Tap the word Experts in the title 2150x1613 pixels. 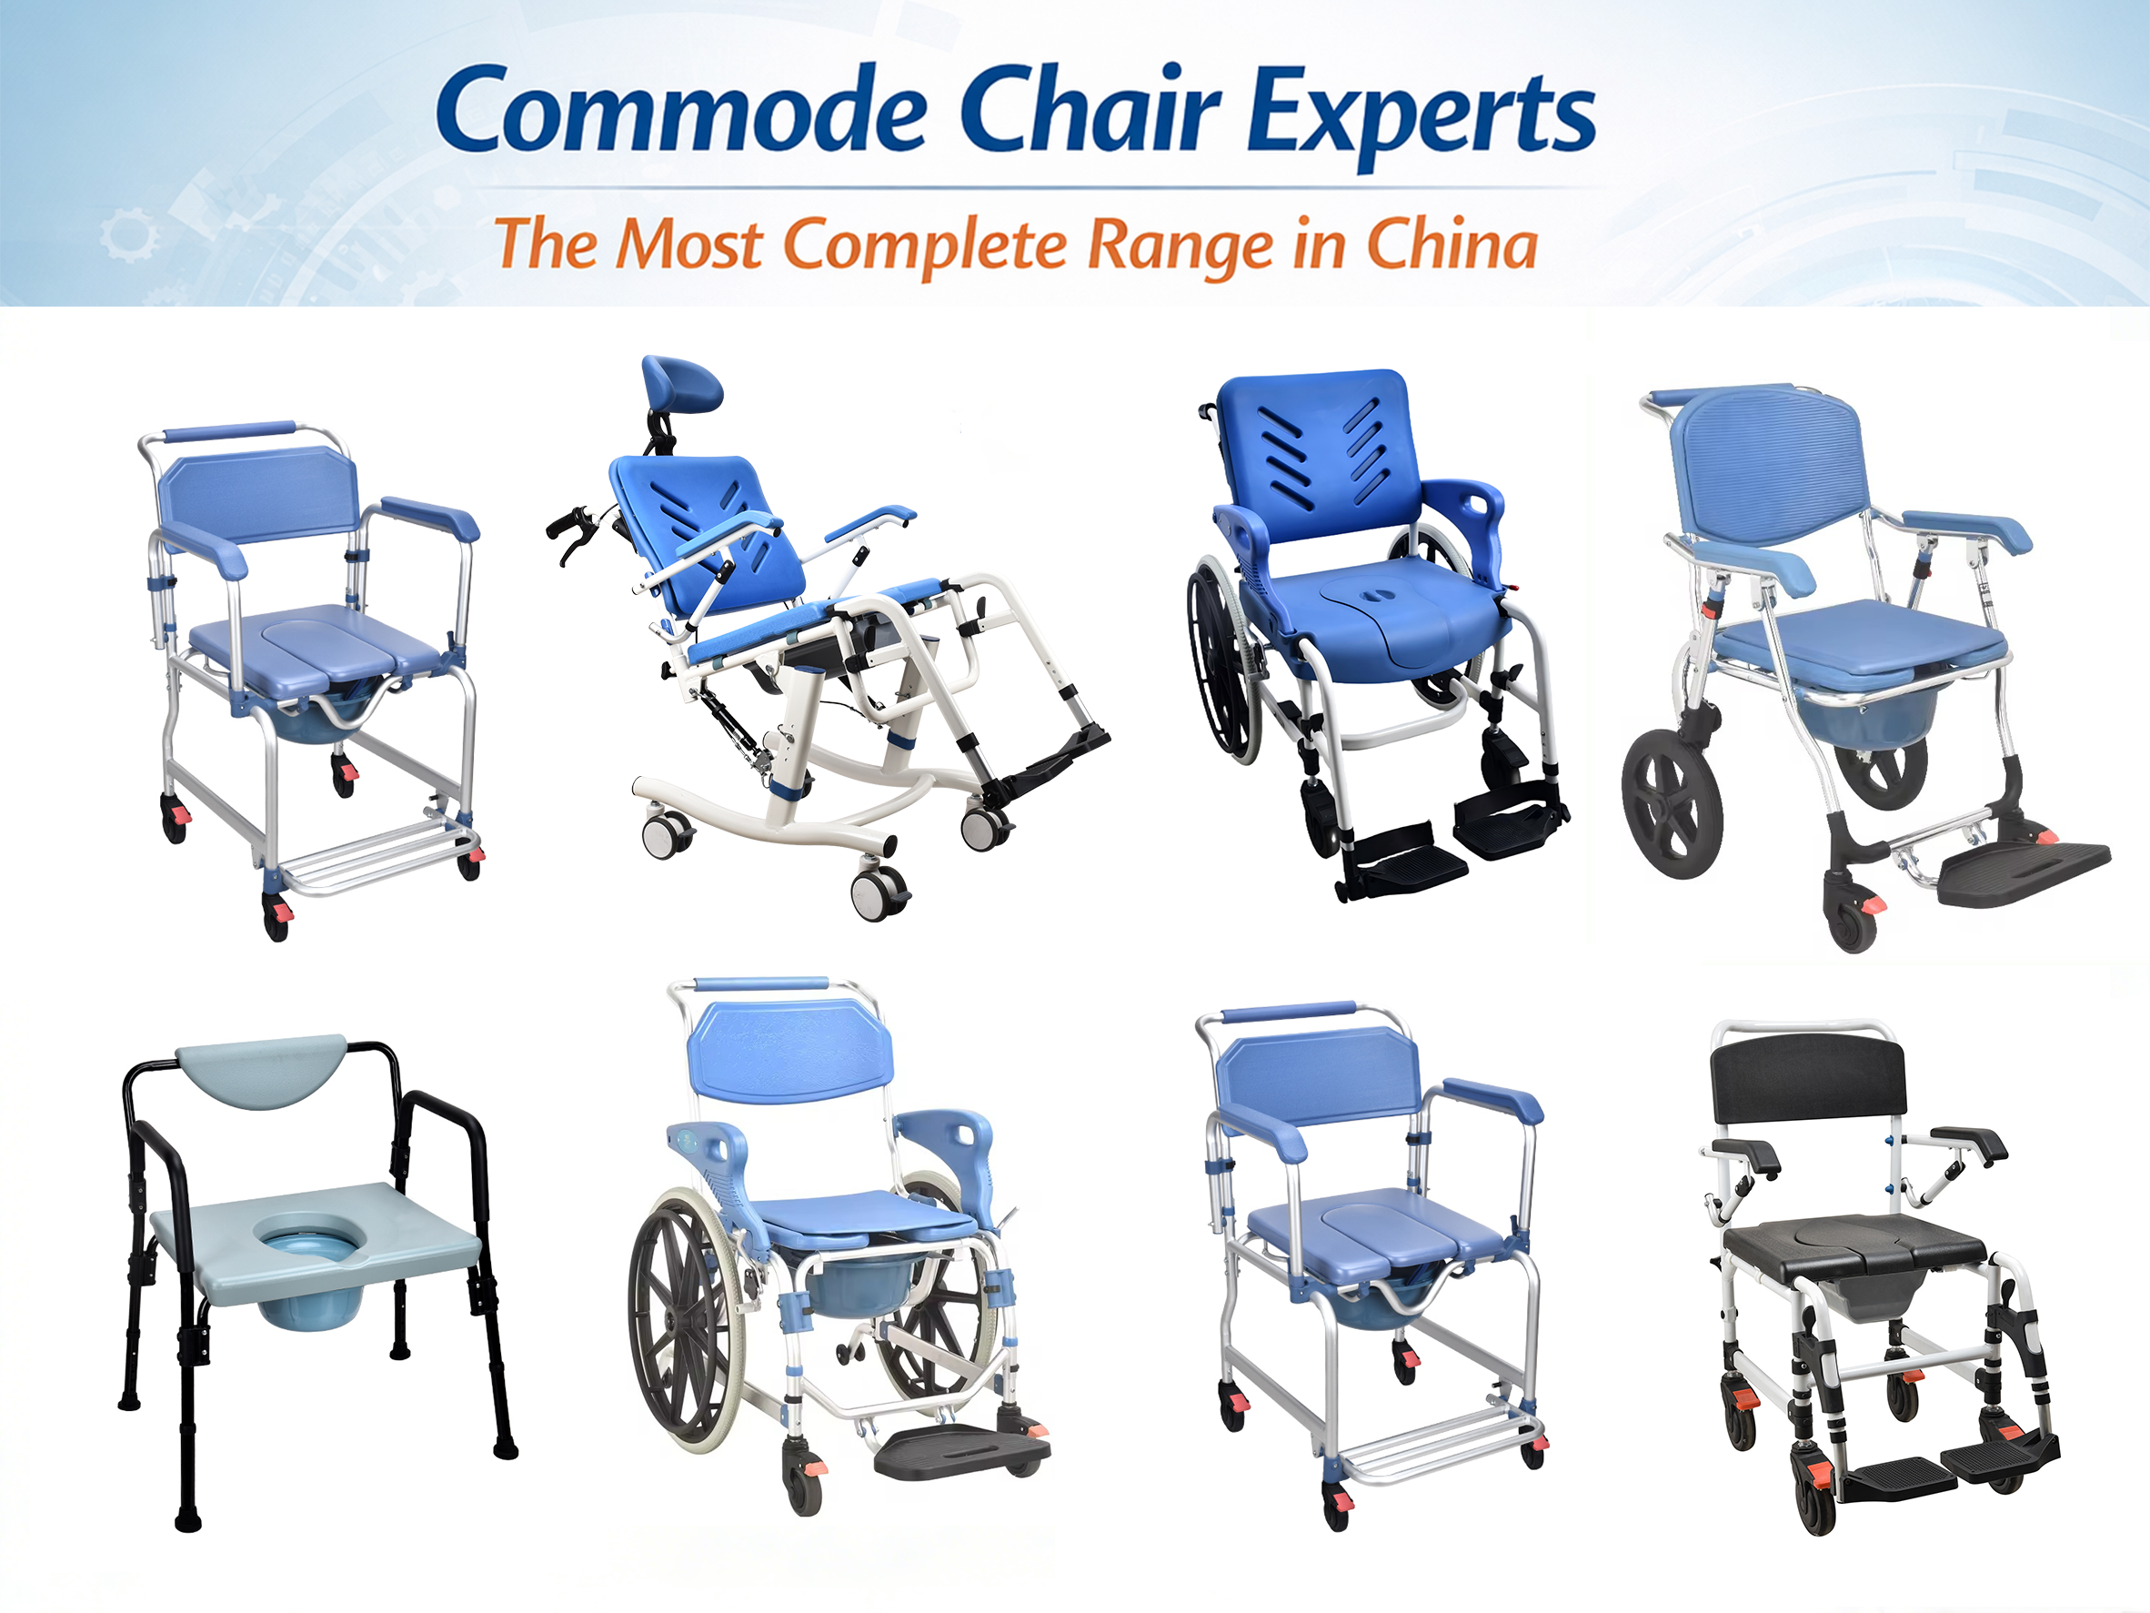[1422, 116]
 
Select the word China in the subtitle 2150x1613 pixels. [1452, 244]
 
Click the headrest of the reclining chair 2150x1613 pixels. [681, 382]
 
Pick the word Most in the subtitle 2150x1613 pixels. [690, 244]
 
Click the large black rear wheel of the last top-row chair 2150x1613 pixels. [1672, 803]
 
